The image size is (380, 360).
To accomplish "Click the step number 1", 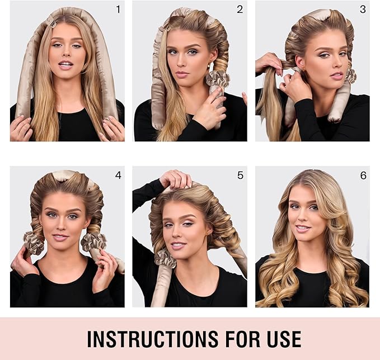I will click(118, 9).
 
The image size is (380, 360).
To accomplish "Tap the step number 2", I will click(240, 9).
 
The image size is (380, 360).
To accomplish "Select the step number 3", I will click(362, 9).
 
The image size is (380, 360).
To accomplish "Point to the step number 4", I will click(118, 175).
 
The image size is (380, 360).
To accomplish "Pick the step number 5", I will click(240, 175).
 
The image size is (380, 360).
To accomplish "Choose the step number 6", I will click(363, 175).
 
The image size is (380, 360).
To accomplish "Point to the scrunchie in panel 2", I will click(217, 79).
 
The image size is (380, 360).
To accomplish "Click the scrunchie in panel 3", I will click(350, 75).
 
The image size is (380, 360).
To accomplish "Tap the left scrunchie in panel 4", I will click(33, 243).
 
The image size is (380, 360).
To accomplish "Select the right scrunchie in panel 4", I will click(93, 242).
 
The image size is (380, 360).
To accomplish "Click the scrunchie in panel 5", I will click(165, 258).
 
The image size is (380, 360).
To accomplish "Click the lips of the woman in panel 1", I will click(65, 65).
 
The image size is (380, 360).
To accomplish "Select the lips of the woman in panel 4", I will click(61, 237).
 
